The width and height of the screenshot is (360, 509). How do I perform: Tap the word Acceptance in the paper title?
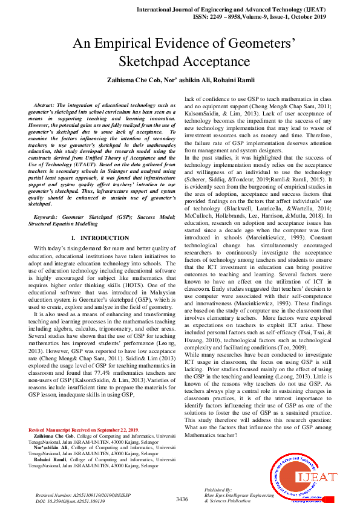click(x=216, y=62)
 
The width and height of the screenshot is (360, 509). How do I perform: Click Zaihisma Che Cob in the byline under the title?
click(x=133, y=80)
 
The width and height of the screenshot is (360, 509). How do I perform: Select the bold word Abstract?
click(x=48, y=105)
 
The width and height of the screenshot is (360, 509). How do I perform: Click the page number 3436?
click(x=182, y=499)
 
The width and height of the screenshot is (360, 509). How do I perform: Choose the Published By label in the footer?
click(x=218, y=490)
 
